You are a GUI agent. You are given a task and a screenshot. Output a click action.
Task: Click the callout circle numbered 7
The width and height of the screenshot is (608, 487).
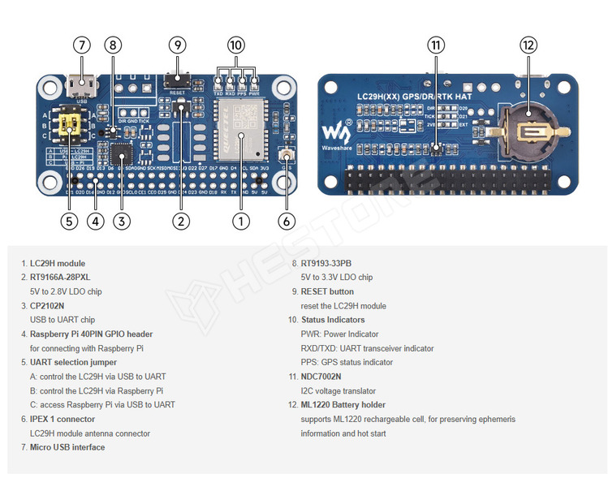[x=81, y=45]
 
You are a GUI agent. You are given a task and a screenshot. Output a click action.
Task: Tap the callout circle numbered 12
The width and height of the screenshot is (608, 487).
[x=528, y=45]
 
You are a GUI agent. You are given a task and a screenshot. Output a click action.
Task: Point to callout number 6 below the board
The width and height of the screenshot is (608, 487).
[x=285, y=220]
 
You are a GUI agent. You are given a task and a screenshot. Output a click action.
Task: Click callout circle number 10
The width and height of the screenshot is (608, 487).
[x=235, y=45]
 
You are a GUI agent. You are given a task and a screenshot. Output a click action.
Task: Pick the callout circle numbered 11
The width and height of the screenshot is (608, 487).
[x=437, y=45]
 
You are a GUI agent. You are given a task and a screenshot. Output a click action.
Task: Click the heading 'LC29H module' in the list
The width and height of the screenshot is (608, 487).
[x=58, y=263]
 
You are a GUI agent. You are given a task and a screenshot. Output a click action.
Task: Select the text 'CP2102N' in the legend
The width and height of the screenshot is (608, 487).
[x=47, y=306]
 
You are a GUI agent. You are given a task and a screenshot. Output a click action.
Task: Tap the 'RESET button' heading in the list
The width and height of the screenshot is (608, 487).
[x=327, y=291]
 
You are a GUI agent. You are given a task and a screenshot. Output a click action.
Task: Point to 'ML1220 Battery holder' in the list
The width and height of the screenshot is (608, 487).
[x=343, y=404]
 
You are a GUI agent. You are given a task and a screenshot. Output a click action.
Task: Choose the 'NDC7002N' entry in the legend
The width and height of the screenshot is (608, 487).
[x=321, y=377]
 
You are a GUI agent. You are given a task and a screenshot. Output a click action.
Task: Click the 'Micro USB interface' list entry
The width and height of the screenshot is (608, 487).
[x=67, y=447]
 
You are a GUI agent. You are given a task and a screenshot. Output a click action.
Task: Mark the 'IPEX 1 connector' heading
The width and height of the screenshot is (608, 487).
[x=63, y=419]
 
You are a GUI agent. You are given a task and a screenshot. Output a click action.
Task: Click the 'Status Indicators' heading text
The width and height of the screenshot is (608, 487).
[x=333, y=320]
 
